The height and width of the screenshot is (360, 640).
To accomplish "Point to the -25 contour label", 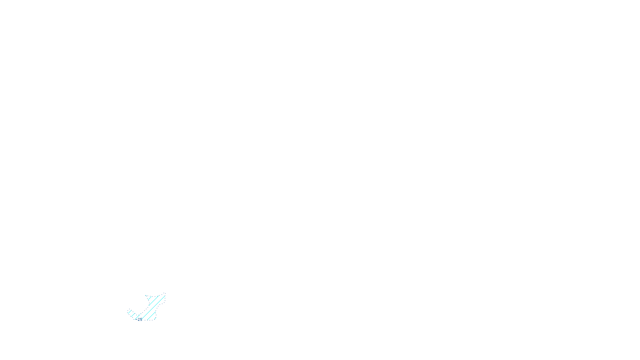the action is (139, 319).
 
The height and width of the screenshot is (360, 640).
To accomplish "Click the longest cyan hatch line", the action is (153, 308).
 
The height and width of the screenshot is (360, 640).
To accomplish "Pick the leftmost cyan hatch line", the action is (130, 312).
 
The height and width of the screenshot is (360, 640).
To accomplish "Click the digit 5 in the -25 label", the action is (141, 319).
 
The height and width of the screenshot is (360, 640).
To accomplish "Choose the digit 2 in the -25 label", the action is (139, 319).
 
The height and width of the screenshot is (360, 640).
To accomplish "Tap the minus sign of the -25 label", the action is (136, 319).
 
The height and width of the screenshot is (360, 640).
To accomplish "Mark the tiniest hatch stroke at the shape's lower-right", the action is (155, 318).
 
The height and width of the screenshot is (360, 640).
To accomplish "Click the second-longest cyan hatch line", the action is (154, 300).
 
